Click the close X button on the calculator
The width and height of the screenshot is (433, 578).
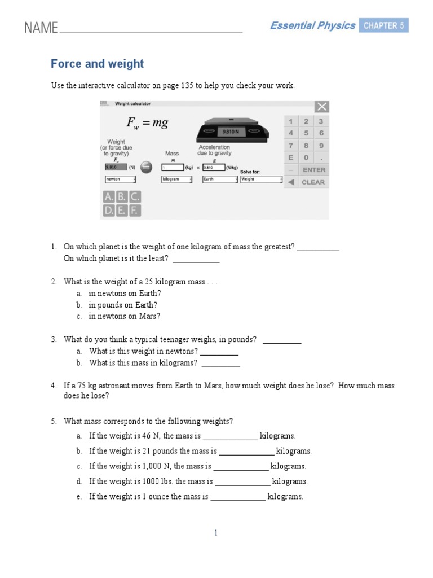(322, 107)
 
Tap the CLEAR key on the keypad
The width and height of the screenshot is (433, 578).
(313, 182)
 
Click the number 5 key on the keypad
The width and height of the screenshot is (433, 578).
(306, 133)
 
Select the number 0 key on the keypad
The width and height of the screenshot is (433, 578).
(306, 158)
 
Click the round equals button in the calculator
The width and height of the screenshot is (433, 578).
(146, 167)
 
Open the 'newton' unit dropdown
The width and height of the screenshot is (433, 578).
(120, 179)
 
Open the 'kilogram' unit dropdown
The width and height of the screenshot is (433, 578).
(176, 179)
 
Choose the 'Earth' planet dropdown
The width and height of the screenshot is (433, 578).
(219, 179)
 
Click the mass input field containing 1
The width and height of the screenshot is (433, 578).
(173, 168)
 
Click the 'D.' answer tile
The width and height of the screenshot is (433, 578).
(108, 211)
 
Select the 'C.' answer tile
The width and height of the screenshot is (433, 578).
(135, 197)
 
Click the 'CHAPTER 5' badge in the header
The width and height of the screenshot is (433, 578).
(383, 25)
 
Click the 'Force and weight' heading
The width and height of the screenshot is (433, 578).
(97, 64)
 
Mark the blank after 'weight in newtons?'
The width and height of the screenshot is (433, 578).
(219, 352)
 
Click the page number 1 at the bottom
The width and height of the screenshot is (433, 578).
(216, 532)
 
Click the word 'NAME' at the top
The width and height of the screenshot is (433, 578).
(41, 28)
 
